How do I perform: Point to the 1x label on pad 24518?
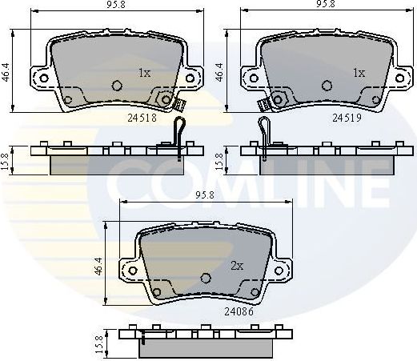(144, 73)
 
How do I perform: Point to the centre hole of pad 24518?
(117, 86)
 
